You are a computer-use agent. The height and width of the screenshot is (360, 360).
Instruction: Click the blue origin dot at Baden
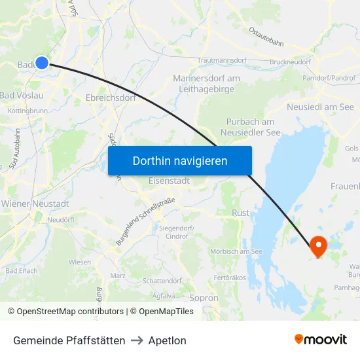(x=41, y=62)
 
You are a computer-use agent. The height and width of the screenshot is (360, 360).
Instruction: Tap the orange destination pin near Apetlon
(x=318, y=246)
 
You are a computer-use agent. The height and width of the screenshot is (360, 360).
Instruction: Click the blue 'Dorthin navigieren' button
(x=180, y=160)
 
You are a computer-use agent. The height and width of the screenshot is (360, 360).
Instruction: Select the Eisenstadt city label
(x=170, y=180)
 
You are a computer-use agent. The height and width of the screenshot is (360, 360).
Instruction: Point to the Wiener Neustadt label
(x=35, y=204)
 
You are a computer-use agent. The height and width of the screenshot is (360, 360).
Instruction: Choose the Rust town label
(x=241, y=213)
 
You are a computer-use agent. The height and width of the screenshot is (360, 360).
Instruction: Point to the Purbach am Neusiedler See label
(x=249, y=127)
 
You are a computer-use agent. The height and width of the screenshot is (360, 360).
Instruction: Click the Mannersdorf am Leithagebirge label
(x=206, y=84)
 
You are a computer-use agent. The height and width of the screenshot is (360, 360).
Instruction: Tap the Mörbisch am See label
(x=236, y=251)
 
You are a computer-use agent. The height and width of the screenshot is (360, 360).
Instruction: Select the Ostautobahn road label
(x=266, y=36)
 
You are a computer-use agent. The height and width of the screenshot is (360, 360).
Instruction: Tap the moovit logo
(x=321, y=340)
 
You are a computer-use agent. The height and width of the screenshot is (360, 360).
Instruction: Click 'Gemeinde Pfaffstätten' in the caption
(x=69, y=340)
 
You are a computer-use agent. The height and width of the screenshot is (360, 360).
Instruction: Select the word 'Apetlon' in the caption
(x=167, y=340)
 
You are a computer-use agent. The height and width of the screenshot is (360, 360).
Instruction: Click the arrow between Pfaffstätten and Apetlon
(x=137, y=340)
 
